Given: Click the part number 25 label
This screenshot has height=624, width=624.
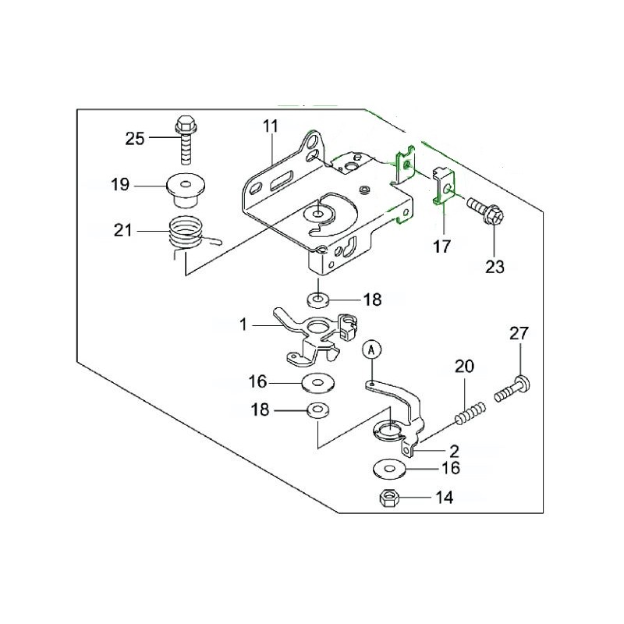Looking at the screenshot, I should [135, 139].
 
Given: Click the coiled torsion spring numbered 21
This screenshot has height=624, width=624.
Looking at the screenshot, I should [188, 234].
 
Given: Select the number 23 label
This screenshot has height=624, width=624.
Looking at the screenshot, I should [495, 267].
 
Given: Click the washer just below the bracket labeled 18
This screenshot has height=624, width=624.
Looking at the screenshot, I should [317, 300].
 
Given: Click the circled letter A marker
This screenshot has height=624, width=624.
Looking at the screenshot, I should [372, 351].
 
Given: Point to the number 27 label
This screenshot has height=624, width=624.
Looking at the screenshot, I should [519, 334].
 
